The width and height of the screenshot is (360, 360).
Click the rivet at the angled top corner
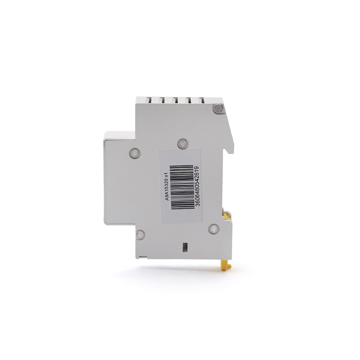tap(218, 108)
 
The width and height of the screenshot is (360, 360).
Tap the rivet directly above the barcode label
tap(183, 144)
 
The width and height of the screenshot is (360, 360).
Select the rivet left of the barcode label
tap(135, 153)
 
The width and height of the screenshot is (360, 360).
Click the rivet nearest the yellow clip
tap(214, 229)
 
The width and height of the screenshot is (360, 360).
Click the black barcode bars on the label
tap(183, 187)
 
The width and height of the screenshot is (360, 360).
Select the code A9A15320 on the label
tap(167, 190)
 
